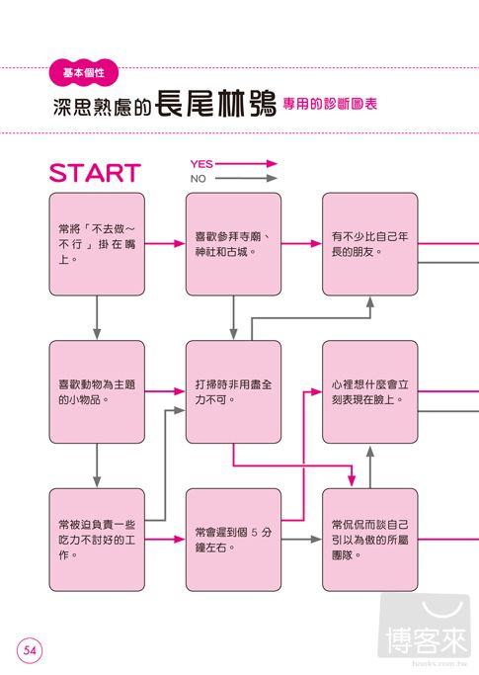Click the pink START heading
pyautogui.click(x=95, y=173)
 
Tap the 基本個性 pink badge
pyautogui.click(x=84, y=72)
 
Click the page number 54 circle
pyautogui.click(x=30, y=649)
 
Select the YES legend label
pyautogui.click(x=201, y=164)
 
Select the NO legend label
pyautogui.click(x=198, y=179)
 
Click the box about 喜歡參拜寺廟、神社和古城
pyautogui.click(x=233, y=244)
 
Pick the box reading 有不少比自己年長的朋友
pyautogui.click(x=369, y=244)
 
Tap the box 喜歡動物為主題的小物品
pyautogui.click(x=97, y=391)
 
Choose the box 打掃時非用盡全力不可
pyautogui.click(x=233, y=391)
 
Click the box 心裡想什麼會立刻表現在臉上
pyautogui.click(x=369, y=391)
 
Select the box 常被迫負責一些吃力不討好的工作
pyautogui.click(x=97, y=540)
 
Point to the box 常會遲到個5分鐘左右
pyautogui.click(x=233, y=540)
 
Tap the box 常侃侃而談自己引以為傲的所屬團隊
pyautogui.click(x=369, y=540)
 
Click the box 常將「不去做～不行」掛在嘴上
pyautogui.click(x=97, y=244)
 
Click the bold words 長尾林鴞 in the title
pyautogui.click(x=215, y=104)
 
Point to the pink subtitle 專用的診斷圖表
pyautogui.click(x=330, y=104)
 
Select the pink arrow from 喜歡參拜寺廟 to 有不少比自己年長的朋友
pyautogui.click(x=301, y=244)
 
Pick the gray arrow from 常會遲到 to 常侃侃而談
pyautogui.click(x=301, y=539)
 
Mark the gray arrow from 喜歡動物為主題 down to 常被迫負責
pyautogui.click(x=97, y=465)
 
